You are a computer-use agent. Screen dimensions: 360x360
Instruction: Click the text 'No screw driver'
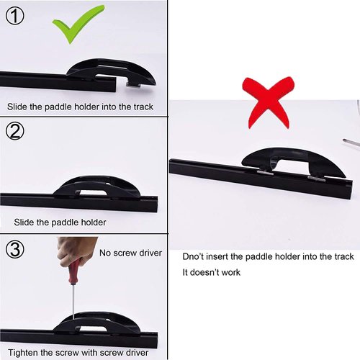point(130,254)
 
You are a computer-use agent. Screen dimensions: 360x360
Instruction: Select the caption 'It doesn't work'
point(211,272)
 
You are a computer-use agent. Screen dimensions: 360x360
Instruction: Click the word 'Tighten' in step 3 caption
point(22,353)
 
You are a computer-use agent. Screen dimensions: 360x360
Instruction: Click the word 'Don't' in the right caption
point(194,256)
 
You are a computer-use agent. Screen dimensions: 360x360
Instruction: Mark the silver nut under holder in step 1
point(132,85)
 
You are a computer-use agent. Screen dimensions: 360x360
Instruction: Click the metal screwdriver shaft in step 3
point(73,302)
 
